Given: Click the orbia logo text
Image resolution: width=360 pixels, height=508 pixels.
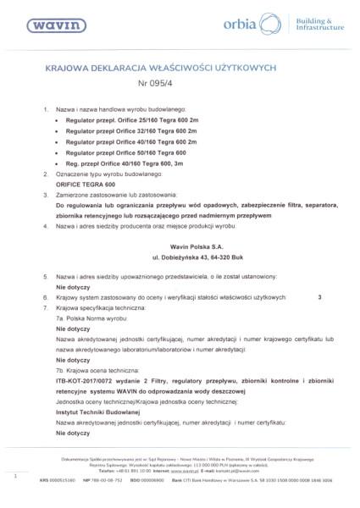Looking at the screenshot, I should pyautogui.click(x=247, y=26).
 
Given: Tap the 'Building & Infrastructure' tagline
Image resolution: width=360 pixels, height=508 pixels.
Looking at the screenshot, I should pyautogui.click(x=323, y=25).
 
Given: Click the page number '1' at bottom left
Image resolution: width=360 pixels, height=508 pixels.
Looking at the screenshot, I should pyautogui.click(x=15, y=478).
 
